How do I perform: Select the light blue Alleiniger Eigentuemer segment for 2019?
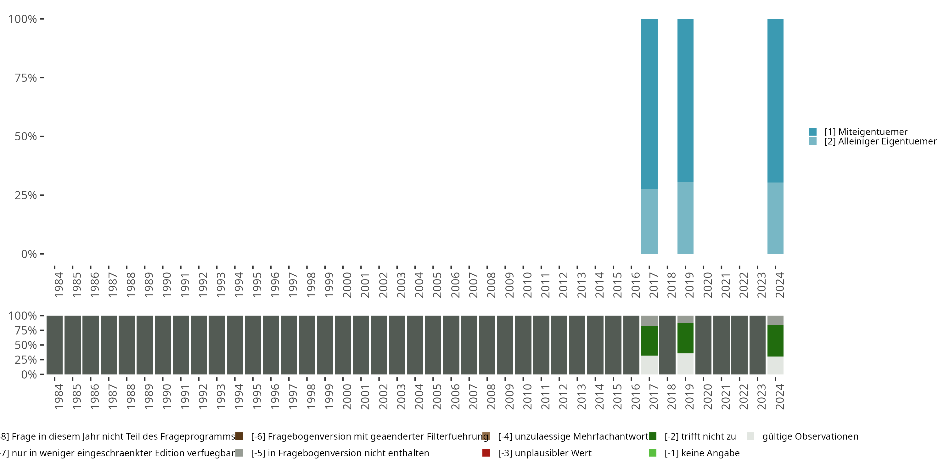point(685,218)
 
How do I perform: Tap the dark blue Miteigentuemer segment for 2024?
point(775,100)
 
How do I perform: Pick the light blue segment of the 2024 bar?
point(775,218)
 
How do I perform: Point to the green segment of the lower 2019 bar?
point(685,338)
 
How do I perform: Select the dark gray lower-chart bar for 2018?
point(667,345)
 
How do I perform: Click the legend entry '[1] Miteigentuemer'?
point(866,132)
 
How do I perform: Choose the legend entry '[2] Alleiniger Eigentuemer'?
point(879,142)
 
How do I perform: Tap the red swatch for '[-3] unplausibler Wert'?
point(486,453)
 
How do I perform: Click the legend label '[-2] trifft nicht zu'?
point(700,436)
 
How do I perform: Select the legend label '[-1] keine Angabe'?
point(702,453)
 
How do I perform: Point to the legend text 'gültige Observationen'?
point(810,436)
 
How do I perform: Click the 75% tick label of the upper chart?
point(26,78)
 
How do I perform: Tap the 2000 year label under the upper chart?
point(347,285)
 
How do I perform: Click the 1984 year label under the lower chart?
point(58,396)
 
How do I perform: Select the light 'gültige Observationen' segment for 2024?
point(775,365)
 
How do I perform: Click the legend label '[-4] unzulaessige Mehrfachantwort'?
point(573,436)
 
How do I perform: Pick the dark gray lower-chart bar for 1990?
point(163,345)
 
